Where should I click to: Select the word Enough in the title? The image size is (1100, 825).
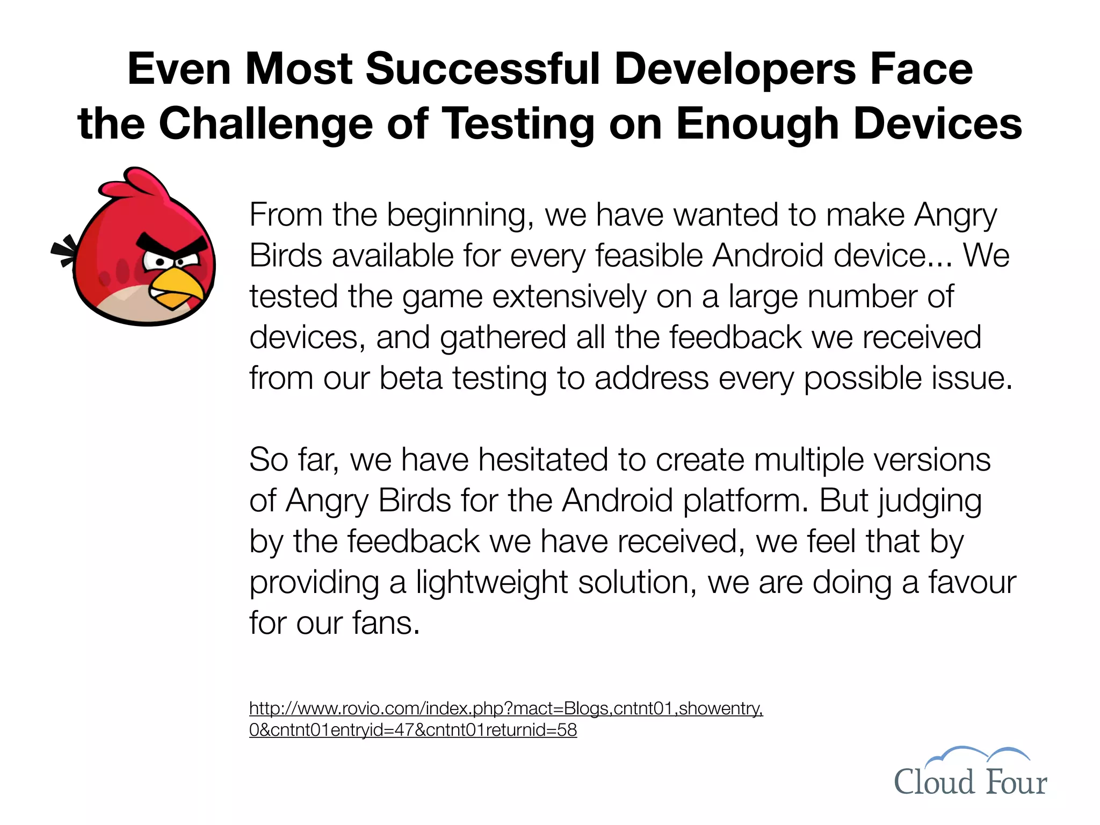click(757, 124)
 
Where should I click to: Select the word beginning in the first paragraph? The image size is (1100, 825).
click(460, 215)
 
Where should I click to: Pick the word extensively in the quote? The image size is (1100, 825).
click(569, 296)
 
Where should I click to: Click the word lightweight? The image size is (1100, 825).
click(492, 582)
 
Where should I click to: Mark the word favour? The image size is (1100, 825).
click(972, 582)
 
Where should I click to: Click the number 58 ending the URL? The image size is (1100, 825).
click(567, 730)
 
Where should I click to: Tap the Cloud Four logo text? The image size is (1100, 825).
click(970, 782)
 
